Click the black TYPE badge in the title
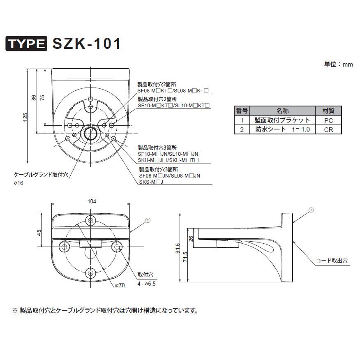pyautogui.click(x=26, y=44)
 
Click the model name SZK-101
pyautogui.click(x=86, y=44)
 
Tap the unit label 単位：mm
pyautogui.click(x=339, y=65)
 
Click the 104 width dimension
pyautogui.click(x=92, y=201)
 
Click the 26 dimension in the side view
pyautogui.click(x=191, y=238)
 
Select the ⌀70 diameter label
pyautogui.click(x=120, y=285)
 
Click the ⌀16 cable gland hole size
pyautogui.click(x=18, y=183)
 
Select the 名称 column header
pyautogui.click(x=282, y=111)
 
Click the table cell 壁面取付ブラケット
pyautogui.click(x=282, y=120)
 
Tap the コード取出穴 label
pyautogui.click(x=332, y=261)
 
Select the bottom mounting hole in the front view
pyautogui.click(x=91, y=272)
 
